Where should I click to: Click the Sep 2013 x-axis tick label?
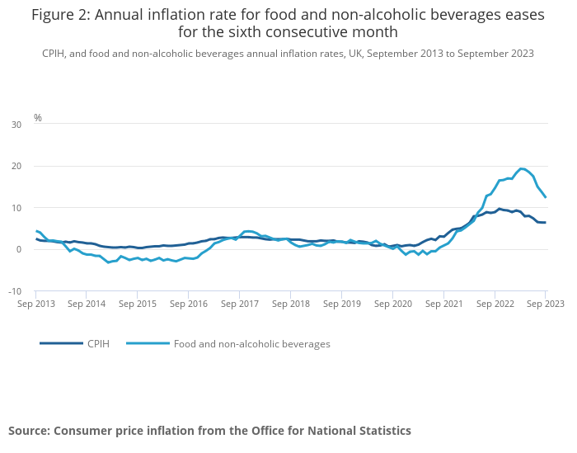point(35,304)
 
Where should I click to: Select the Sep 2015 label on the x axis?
point(138,304)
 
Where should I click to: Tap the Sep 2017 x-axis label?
point(239,304)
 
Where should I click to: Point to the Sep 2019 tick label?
point(341,304)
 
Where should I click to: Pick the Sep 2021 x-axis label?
point(443,304)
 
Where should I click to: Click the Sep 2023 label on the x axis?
point(545,304)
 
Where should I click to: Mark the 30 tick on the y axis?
point(16,125)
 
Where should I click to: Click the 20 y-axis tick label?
point(16,166)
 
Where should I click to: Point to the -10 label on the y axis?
point(15,291)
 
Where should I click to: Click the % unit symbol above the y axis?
point(37,118)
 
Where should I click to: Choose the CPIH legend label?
point(98,343)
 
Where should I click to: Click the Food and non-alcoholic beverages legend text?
point(251,343)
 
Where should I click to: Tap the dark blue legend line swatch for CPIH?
point(61,343)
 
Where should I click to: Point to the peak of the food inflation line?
point(522,168)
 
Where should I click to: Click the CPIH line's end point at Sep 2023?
point(545,223)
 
